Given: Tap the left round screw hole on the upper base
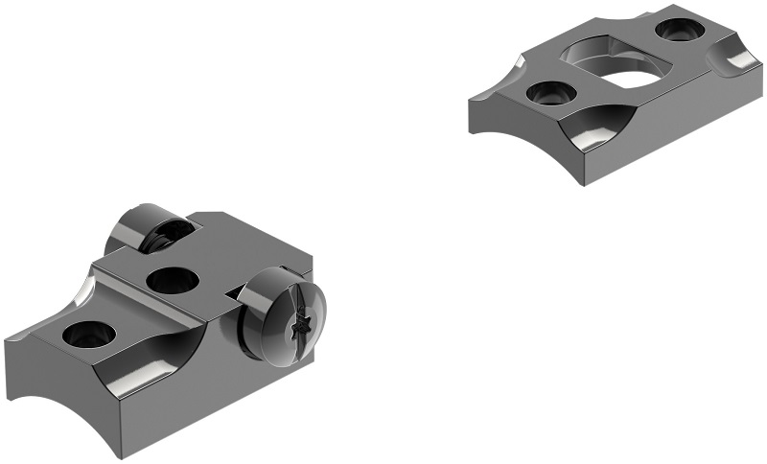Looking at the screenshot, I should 551,94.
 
